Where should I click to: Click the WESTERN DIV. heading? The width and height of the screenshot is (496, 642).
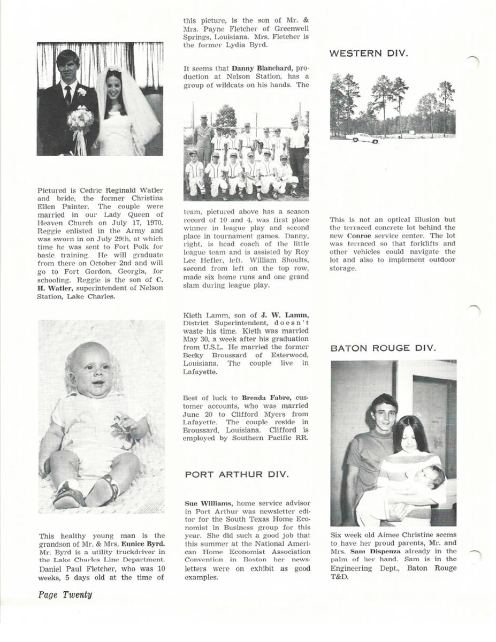coord(369,53)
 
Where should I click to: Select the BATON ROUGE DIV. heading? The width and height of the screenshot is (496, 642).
coord(383,348)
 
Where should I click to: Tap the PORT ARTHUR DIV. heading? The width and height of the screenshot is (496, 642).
coord(236,475)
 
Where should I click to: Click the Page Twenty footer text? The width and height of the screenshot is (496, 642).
coord(65,594)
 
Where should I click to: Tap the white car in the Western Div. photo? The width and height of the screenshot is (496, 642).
coord(363,138)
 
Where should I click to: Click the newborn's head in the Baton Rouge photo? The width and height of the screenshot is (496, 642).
coord(433,476)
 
